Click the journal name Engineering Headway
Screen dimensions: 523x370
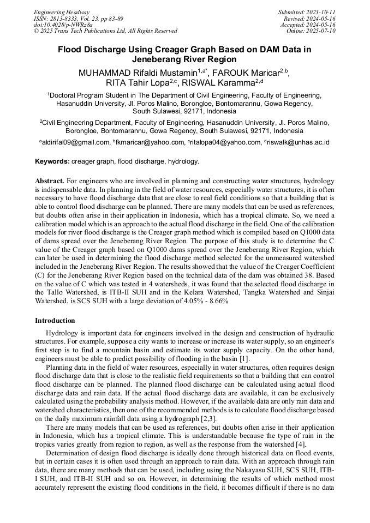(62, 12)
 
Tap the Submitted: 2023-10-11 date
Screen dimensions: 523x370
(307, 12)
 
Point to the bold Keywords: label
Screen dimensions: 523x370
(52, 161)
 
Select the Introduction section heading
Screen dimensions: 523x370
(55, 320)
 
